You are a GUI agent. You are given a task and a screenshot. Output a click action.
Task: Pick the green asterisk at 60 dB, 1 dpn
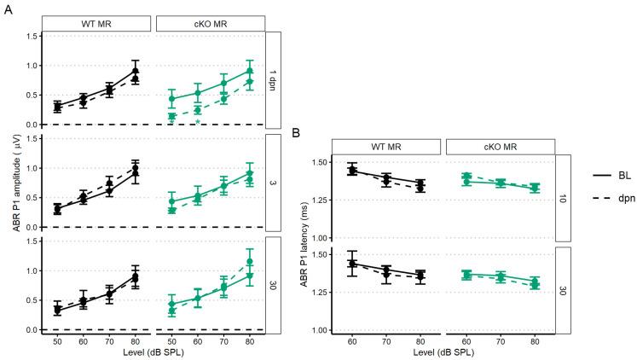coord(198,123)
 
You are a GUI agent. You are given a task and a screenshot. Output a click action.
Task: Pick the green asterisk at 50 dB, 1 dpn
coord(171,123)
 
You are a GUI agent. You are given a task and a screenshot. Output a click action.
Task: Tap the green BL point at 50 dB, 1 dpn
coord(171,99)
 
